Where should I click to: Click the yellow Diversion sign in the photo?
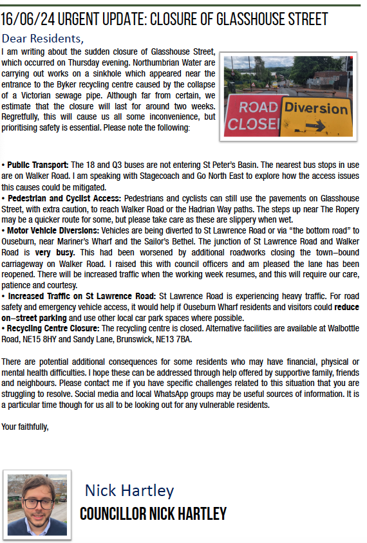(315, 115)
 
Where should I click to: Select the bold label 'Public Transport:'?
(37, 165)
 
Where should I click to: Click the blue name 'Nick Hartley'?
(129, 491)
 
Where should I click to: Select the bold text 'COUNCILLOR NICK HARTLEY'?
(153, 514)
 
